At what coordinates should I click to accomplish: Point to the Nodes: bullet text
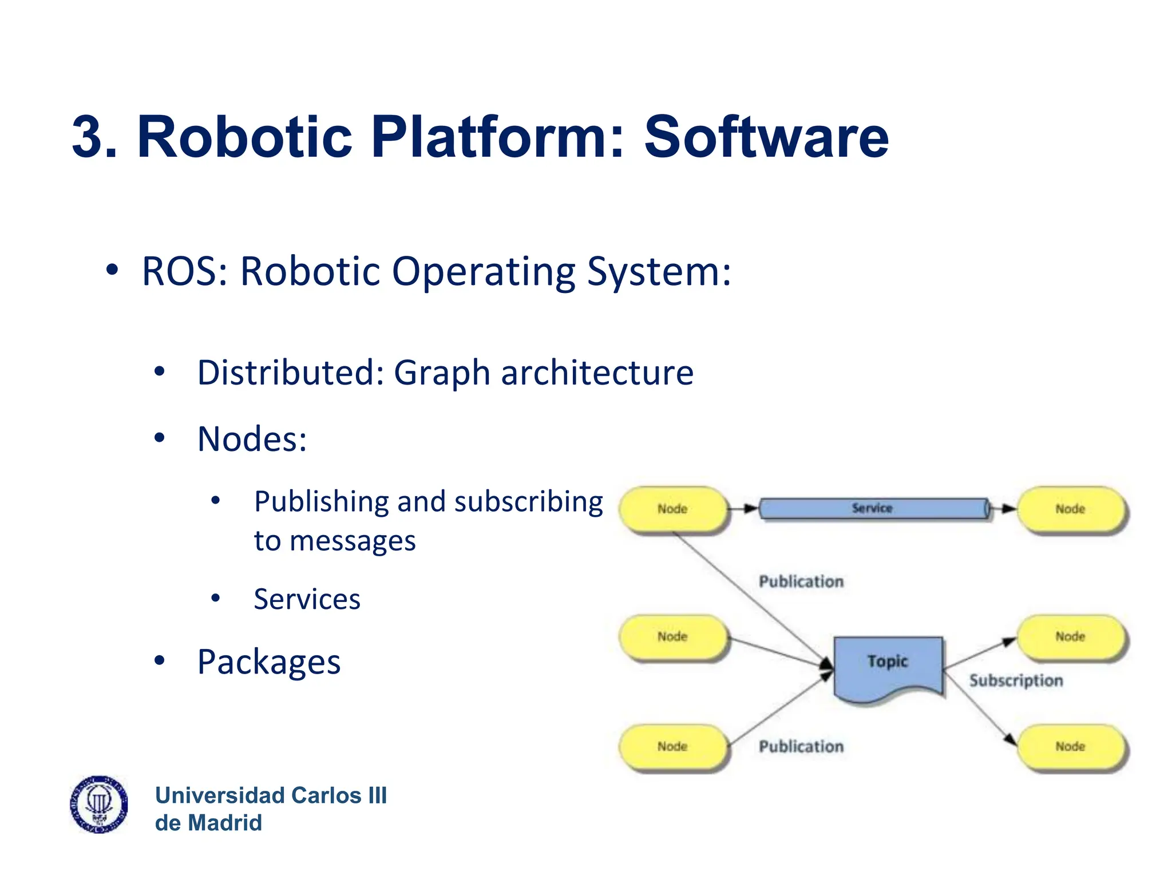(252, 439)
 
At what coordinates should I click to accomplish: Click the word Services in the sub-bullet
(307, 599)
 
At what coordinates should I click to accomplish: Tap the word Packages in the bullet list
(268, 662)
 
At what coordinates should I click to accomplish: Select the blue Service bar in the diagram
(872, 508)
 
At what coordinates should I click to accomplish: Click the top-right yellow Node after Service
(1070, 509)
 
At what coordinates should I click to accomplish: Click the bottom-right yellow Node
(1070, 746)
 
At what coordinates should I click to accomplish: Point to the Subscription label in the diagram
(1016, 680)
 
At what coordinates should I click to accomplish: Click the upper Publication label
(801, 581)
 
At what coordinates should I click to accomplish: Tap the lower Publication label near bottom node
(801, 746)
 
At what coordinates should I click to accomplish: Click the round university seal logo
(99, 805)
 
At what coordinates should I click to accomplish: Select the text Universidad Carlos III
(271, 795)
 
